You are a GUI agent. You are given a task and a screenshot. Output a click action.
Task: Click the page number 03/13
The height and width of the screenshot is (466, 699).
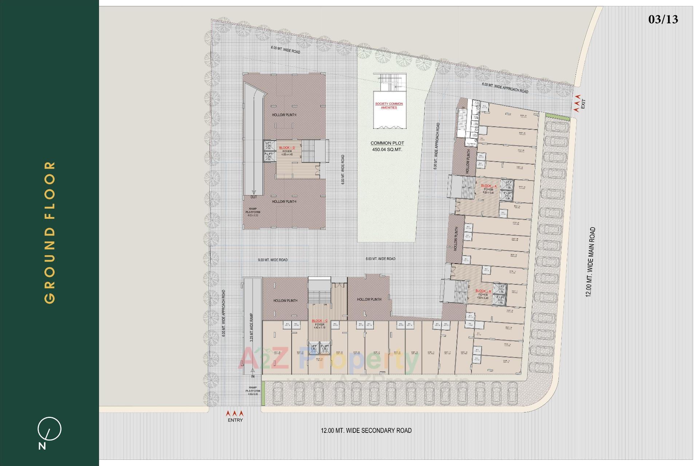pyautogui.click(x=663, y=19)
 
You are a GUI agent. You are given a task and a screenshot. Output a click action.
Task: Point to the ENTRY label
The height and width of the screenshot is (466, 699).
pyautogui.click(x=235, y=420)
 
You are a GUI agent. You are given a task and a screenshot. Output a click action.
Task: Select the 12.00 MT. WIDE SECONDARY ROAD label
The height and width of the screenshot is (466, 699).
pyautogui.click(x=366, y=431)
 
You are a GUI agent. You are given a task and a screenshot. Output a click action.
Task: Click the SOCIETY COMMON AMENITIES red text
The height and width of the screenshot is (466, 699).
pyautogui.click(x=389, y=106)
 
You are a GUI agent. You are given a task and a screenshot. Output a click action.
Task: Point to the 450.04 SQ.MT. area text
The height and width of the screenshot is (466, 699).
pyautogui.click(x=387, y=150)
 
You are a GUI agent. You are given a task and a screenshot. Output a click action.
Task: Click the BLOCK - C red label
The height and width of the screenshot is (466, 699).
pyautogui.click(x=320, y=321)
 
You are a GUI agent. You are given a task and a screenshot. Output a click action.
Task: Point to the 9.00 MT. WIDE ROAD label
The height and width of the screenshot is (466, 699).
pyautogui.click(x=273, y=260)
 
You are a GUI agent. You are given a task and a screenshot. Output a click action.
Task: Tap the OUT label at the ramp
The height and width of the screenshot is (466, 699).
pyautogui.click(x=253, y=197)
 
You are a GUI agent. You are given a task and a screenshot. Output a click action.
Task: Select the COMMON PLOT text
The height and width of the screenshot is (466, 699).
pyautogui.click(x=387, y=143)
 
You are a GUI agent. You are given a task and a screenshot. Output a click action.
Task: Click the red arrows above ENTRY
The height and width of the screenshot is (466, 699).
pyautogui.click(x=235, y=414)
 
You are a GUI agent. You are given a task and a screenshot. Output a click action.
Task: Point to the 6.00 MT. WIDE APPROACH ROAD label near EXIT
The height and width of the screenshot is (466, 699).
pyautogui.click(x=505, y=88)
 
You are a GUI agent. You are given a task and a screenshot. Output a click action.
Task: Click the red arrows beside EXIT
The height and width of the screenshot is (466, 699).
pyautogui.click(x=577, y=104)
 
